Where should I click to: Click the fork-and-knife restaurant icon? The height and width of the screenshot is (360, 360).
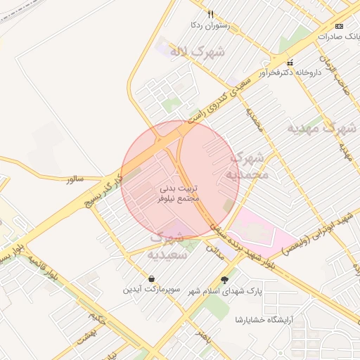(210, 14)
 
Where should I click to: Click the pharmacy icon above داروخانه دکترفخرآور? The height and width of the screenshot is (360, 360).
(289, 63)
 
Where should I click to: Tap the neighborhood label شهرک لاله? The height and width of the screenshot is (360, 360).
(199, 51)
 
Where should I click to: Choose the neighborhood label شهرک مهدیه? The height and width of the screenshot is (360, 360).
(323, 129)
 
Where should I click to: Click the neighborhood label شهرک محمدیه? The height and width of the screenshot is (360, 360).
(248, 165)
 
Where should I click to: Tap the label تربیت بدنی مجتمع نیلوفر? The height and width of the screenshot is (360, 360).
(179, 193)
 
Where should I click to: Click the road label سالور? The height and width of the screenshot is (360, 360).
(75, 181)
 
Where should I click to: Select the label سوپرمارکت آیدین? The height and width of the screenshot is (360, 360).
(153, 289)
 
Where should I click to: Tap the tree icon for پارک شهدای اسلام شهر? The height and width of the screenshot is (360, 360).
(224, 280)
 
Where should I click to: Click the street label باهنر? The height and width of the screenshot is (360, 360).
(205, 331)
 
